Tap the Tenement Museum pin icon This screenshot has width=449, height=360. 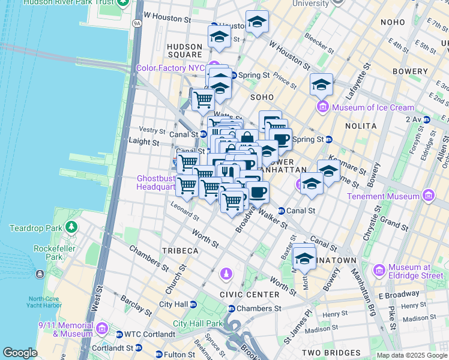tap(428, 196)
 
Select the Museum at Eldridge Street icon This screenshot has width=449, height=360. tap(379, 271)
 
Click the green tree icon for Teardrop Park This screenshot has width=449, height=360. tap(71, 227)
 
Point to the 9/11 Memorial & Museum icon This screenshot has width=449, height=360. tap(101, 329)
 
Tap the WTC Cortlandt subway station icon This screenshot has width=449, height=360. tap(119, 334)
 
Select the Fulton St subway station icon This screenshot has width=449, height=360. tap(158, 355)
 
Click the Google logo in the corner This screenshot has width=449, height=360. tap(20, 353)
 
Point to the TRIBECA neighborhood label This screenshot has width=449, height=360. tap(179, 250)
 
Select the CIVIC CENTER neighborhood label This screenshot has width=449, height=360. tap(250, 295)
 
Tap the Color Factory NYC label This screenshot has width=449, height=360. tap(170, 68)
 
